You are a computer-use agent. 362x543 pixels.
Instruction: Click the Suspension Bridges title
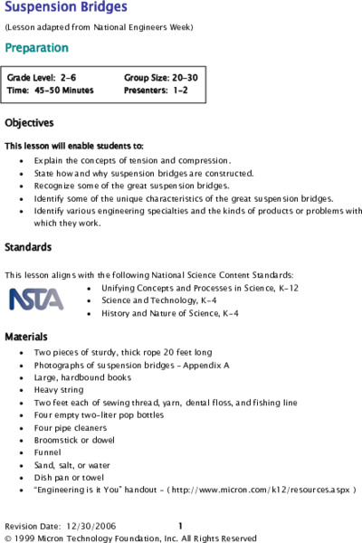(x=66, y=8)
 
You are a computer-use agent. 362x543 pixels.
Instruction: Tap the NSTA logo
(x=36, y=299)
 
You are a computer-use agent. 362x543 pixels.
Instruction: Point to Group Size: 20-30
(x=160, y=79)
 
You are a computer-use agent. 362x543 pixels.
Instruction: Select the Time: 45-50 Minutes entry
(x=50, y=90)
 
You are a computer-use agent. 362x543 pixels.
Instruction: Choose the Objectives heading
(x=29, y=123)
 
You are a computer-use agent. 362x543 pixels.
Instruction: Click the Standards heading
(x=28, y=247)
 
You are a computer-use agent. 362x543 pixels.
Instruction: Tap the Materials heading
(x=26, y=337)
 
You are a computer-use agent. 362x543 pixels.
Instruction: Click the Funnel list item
(x=48, y=452)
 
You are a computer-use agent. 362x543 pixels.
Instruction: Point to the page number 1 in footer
(x=181, y=525)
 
